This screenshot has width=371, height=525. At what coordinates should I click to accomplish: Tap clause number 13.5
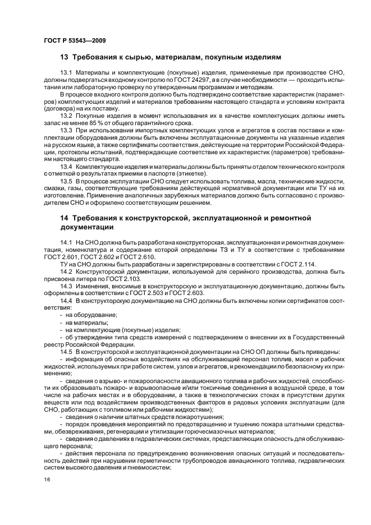(x=66, y=182)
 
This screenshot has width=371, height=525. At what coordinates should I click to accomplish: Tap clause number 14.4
(x=66, y=301)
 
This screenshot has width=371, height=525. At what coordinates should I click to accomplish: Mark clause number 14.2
(x=66, y=271)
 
